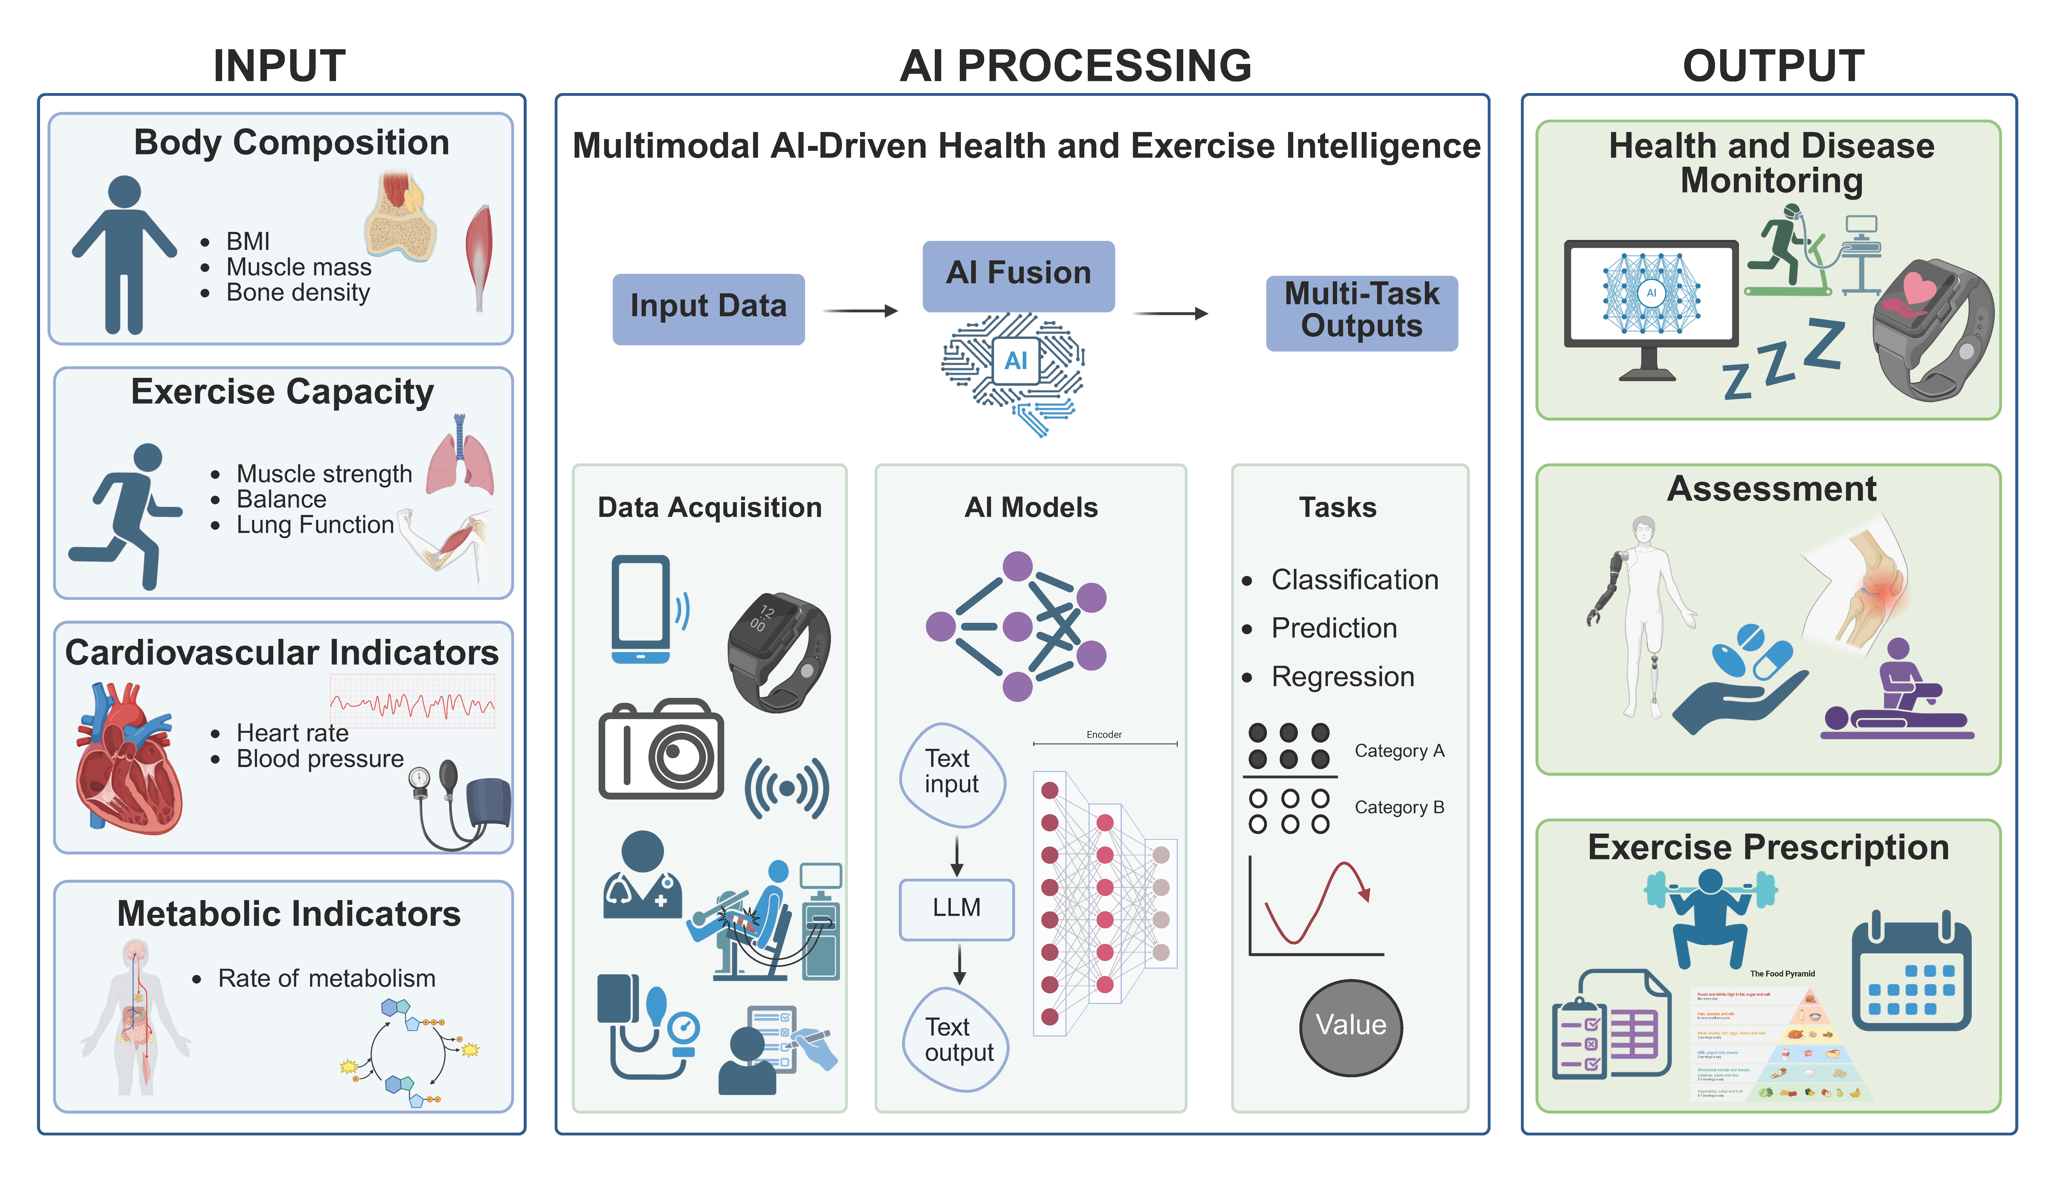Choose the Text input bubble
952,773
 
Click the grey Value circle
1351,1026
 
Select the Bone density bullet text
298,293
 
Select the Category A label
1399,751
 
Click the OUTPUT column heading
1773,67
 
